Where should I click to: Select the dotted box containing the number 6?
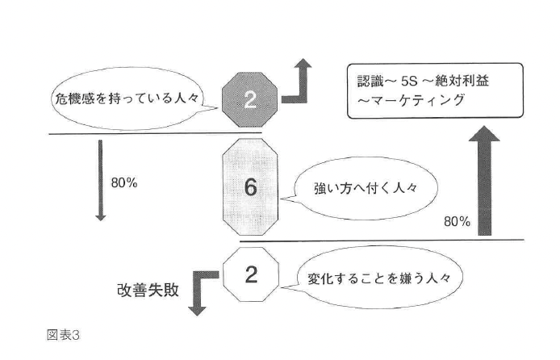coord(250,187)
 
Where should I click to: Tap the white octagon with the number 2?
coord(250,275)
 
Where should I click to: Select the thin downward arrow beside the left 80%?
coord(101,181)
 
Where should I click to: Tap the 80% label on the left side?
coord(124,182)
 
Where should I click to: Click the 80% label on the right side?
coord(458,221)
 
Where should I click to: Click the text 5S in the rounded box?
coord(412,82)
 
